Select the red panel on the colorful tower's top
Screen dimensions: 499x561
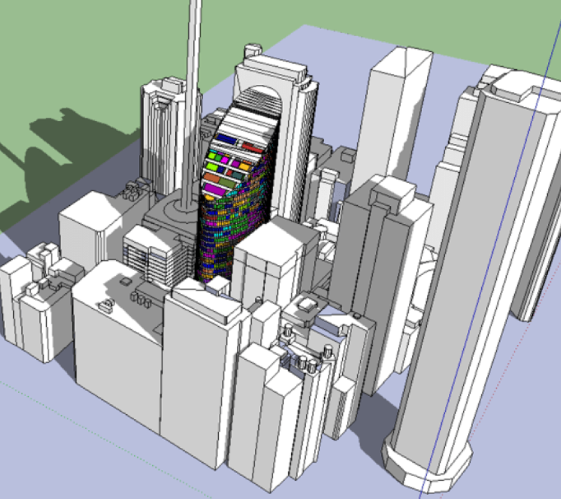(x=252, y=148)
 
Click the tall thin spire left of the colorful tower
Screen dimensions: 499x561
(x=193, y=94)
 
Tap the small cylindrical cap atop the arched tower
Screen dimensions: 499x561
(x=252, y=49)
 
